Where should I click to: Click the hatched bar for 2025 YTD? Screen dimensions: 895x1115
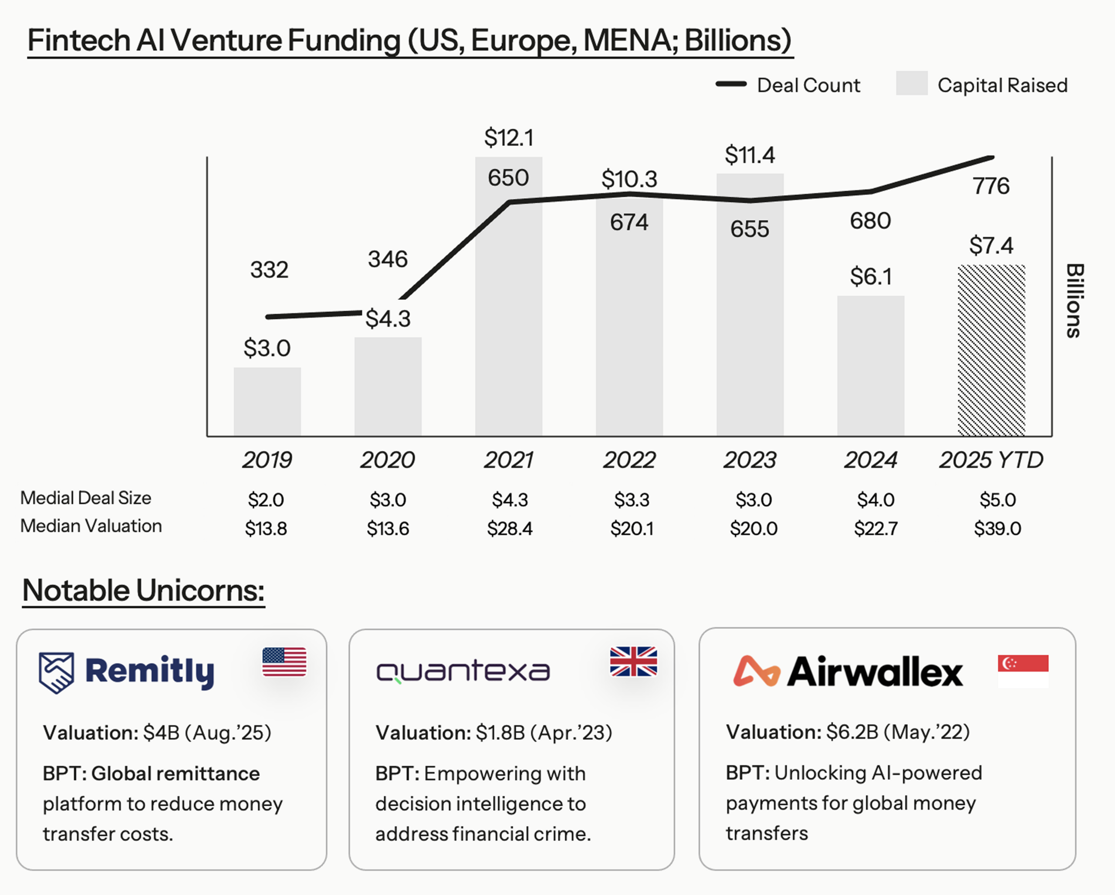click(x=991, y=350)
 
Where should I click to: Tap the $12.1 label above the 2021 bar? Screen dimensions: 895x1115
click(x=508, y=138)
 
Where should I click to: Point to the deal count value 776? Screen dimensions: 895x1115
click(x=990, y=186)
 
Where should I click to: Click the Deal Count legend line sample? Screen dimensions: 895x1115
click(x=731, y=84)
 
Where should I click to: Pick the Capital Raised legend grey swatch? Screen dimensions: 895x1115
click(x=911, y=83)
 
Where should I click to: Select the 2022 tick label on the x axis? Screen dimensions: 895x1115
click(x=629, y=460)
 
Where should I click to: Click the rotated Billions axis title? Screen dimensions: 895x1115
click(x=1074, y=301)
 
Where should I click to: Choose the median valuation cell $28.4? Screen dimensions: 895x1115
click(x=510, y=529)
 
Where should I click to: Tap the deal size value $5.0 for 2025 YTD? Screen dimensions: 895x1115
click(x=997, y=500)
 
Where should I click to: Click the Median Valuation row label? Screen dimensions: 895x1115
click(x=91, y=526)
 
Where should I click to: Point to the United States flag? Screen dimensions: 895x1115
click(x=284, y=662)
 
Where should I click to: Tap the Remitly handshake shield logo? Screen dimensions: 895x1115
click(x=56, y=672)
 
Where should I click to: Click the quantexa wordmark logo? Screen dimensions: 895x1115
click(x=463, y=671)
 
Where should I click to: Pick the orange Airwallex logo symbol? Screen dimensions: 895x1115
click(x=756, y=671)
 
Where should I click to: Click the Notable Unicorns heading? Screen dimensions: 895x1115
click(x=143, y=590)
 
